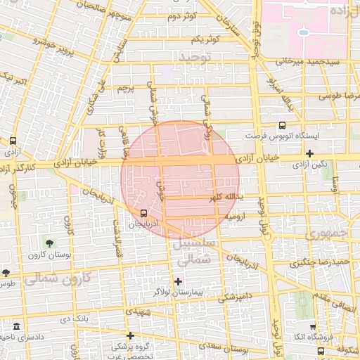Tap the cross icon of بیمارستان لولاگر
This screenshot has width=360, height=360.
(178, 281)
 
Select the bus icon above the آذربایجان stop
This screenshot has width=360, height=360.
(144, 213)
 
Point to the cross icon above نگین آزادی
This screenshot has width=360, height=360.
(309, 153)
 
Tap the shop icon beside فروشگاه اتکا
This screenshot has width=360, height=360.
(312, 327)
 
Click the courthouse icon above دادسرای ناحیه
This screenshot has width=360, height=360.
(16, 326)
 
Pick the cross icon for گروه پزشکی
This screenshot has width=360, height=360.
(129, 335)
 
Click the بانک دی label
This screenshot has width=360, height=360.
(76, 320)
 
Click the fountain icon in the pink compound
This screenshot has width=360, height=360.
(304, 32)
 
